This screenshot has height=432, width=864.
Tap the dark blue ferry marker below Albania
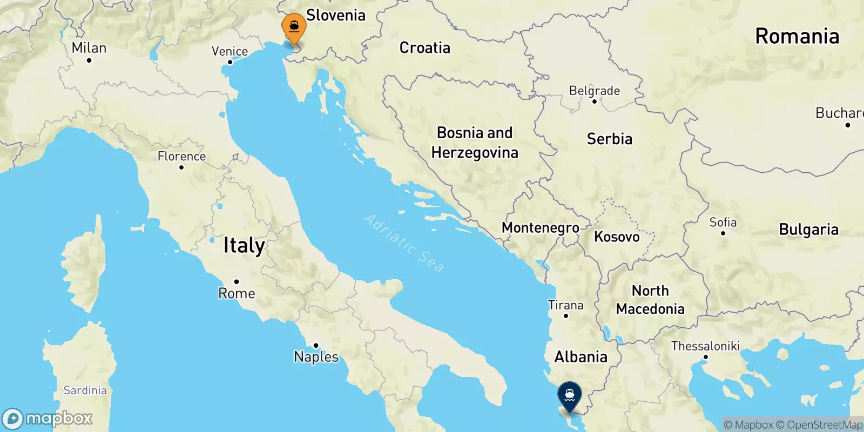point(569,395)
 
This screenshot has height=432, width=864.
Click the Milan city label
point(89,48)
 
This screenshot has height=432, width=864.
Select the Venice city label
point(230,51)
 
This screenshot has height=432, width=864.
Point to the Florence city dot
point(181,167)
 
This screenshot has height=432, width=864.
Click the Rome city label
point(237,293)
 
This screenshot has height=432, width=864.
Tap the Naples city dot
point(316,346)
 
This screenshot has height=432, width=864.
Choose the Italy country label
point(244,246)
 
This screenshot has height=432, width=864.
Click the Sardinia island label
point(85,390)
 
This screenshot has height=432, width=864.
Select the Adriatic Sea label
point(404,242)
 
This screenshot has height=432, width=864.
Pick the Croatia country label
point(424,48)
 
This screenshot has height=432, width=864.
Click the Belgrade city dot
point(595,102)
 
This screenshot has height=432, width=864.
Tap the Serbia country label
point(609,139)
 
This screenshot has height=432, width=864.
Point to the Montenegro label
point(540,227)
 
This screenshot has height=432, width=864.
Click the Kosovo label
point(617,237)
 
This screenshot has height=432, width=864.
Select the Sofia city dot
point(723,233)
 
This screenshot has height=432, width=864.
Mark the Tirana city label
point(565,305)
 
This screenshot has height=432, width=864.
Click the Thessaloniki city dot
point(705,357)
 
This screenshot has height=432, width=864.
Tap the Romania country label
point(797,36)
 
